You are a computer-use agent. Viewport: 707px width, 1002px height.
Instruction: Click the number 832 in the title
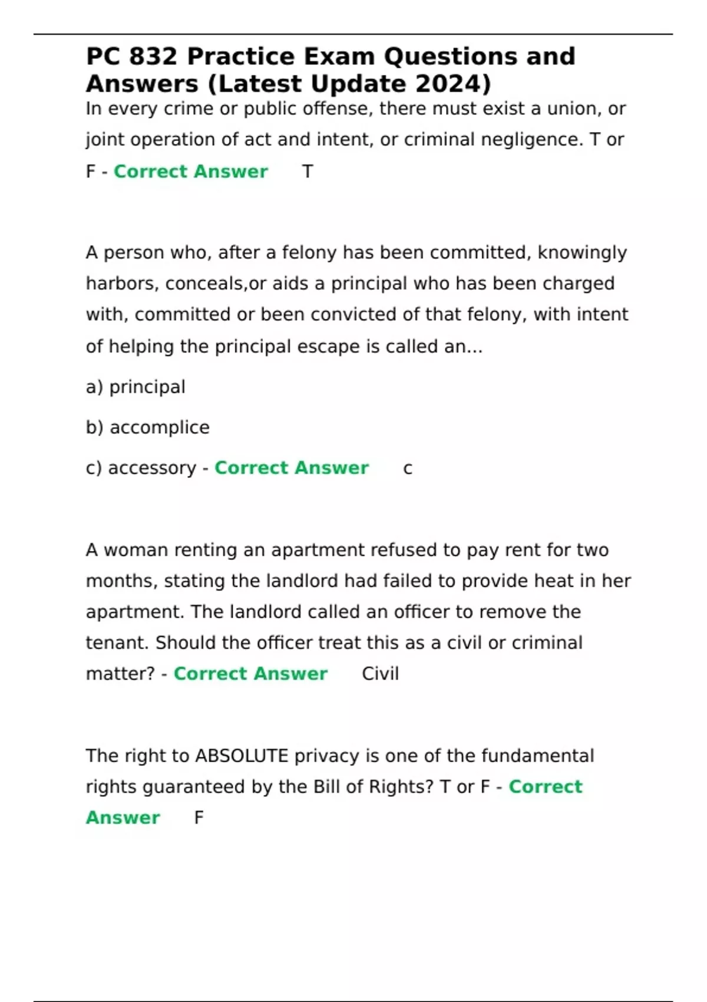point(153,57)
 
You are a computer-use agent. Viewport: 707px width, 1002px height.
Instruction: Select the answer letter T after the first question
point(308,172)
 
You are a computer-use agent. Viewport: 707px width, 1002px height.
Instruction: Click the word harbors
point(123,284)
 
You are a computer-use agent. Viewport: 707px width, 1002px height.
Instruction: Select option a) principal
point(136,387)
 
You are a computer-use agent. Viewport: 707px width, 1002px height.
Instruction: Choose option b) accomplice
point(148,427)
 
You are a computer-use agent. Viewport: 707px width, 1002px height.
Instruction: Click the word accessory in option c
point(152,468)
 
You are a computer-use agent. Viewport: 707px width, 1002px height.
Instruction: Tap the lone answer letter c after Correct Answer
point(408,469)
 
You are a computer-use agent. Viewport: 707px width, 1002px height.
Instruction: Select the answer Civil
point(380,674)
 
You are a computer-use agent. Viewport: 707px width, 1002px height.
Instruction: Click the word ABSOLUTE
point(242,756)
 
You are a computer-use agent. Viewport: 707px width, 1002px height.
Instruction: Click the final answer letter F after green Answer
point(199,818)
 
